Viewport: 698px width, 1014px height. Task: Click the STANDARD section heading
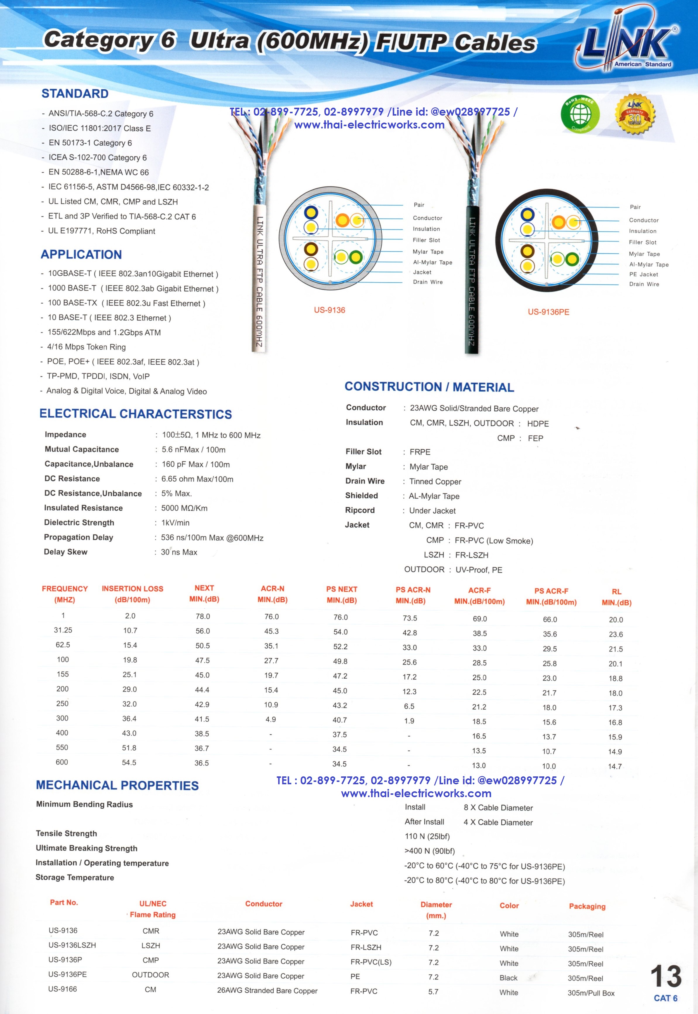click(75, 94)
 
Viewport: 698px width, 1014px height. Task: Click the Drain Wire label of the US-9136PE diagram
click(644, 284)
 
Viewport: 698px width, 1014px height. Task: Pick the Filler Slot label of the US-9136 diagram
click(426, 240)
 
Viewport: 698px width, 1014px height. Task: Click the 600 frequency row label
click(62, 762)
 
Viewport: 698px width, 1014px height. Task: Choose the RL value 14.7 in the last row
click(615, 766)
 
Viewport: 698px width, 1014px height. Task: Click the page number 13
click(665, 977)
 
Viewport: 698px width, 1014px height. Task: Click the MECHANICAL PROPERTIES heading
click(117, 785)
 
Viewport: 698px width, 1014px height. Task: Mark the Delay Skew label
click(66, 552)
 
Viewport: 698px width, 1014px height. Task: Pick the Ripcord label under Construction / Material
click(360, 510)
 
